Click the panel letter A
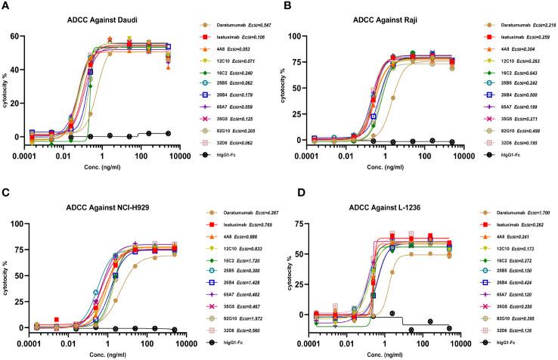click(x=6, y=7)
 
